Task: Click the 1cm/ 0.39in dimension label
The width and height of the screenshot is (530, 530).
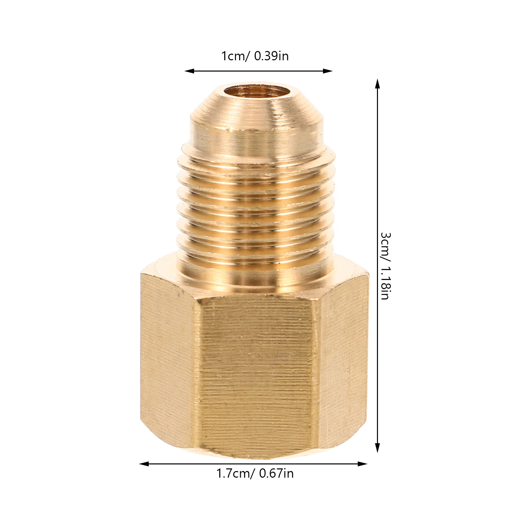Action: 255,56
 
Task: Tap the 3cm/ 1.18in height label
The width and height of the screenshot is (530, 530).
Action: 385,266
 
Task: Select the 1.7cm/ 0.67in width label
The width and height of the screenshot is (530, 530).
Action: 255,473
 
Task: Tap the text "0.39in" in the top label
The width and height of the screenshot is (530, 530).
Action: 271,56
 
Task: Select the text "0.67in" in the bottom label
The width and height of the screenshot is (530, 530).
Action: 276,473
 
